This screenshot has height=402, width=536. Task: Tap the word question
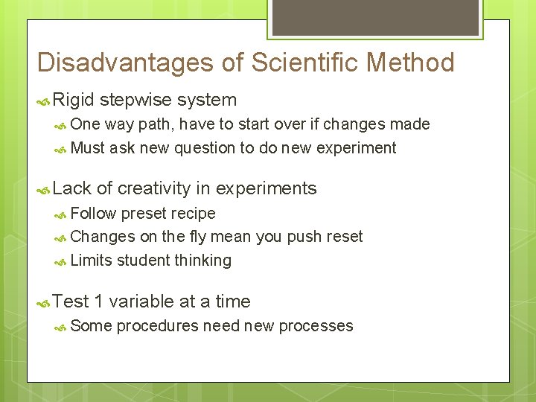point(203,148)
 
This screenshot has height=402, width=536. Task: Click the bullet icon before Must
point(61,149)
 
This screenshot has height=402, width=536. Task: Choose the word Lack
point(72,189)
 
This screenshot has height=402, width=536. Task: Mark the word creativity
point(155,189)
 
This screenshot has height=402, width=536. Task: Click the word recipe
point(193,214)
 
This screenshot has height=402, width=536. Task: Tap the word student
point(144,261)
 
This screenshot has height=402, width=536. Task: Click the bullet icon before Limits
point(61,261)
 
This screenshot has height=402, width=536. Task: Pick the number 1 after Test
point(99,301)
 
